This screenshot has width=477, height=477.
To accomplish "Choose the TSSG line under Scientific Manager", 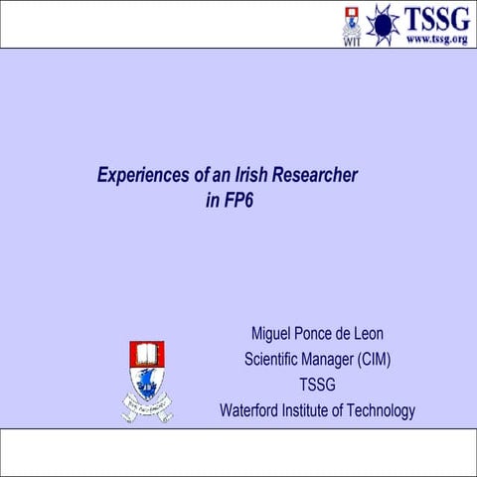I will point(317,386).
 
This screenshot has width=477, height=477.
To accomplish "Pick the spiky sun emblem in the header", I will point(383,24).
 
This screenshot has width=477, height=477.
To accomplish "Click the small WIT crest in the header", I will point(351,24).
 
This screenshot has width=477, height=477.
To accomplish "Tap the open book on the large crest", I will point(147,353).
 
